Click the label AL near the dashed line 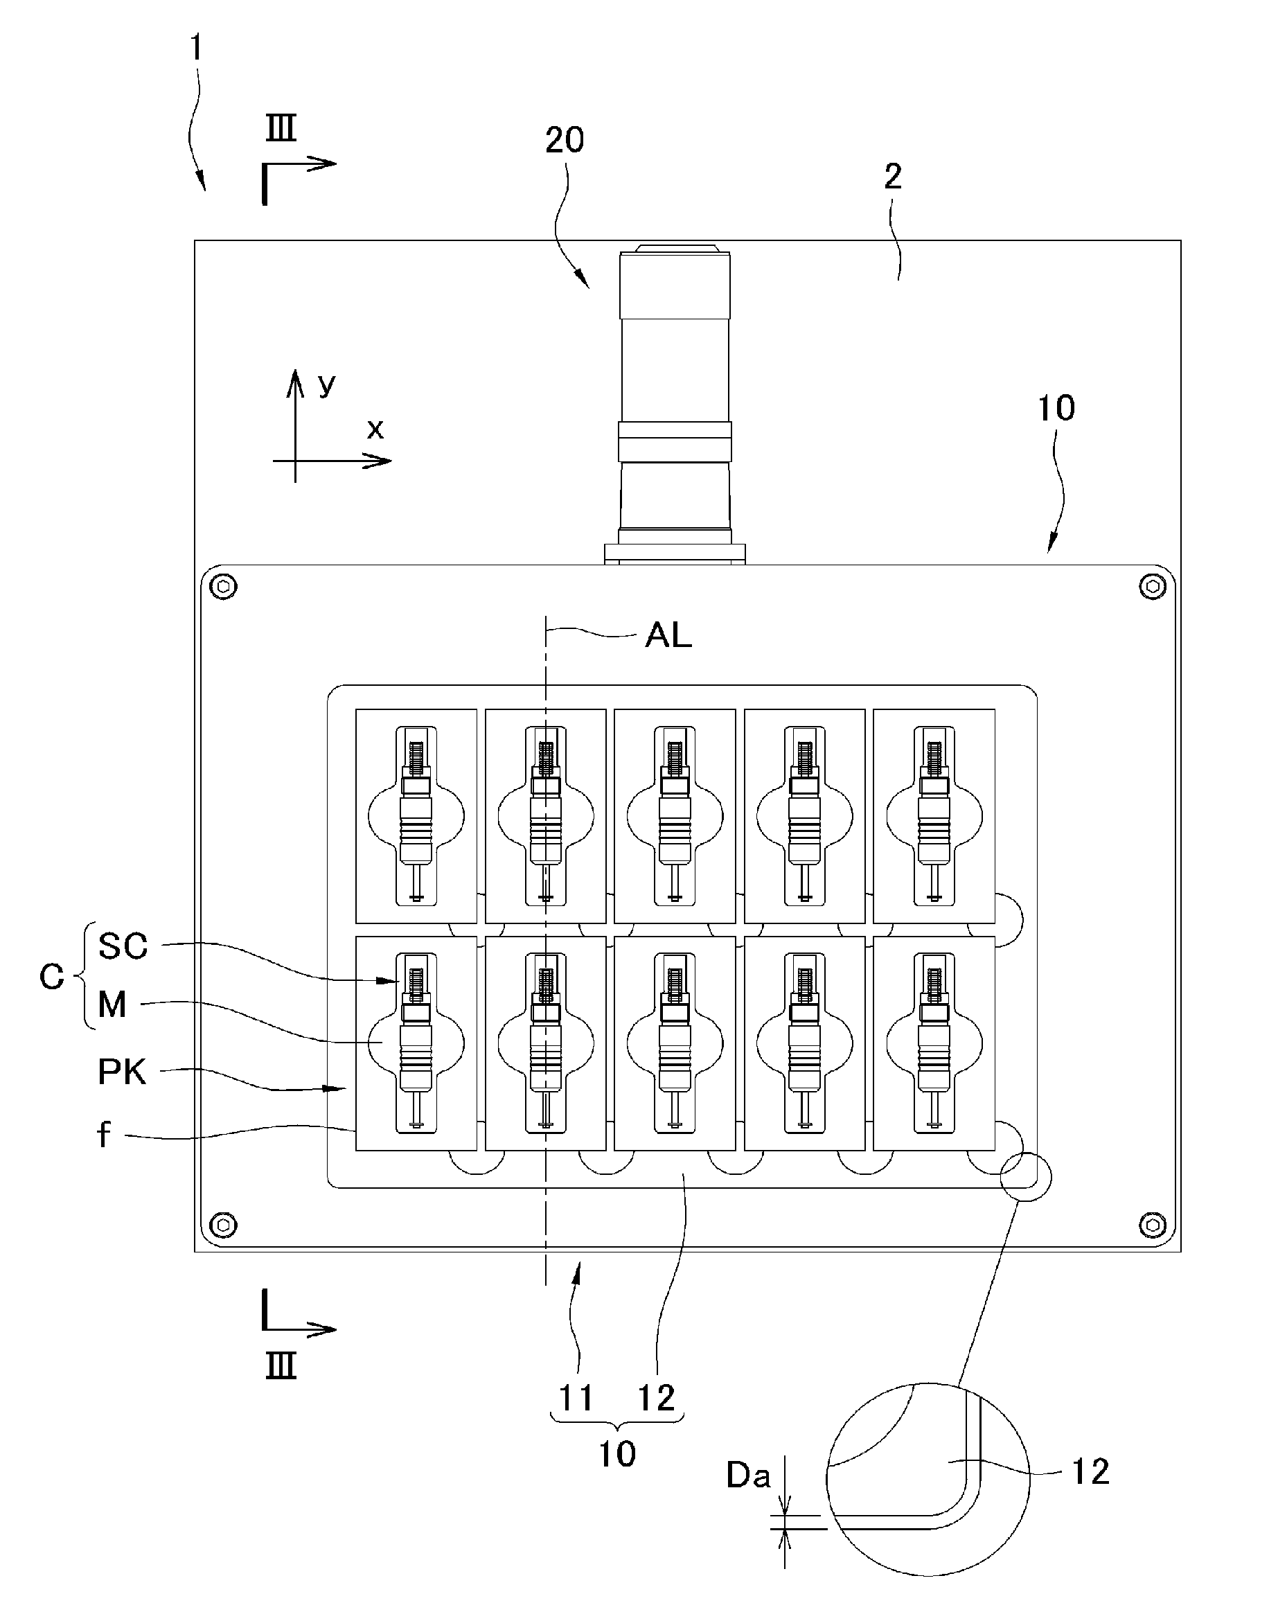click(x=668, y=635)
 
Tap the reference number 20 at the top click(x=565, y=140)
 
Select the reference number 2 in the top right click(x=893, y=176)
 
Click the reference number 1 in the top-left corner click(x=196, y=48)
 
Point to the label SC click(x=123, y=946)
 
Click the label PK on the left click(x=123, y=1072)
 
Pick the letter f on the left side click(x=104, y=1134)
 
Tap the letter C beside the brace click(x=52, y=977)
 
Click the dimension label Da click(x=748, y=1476)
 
